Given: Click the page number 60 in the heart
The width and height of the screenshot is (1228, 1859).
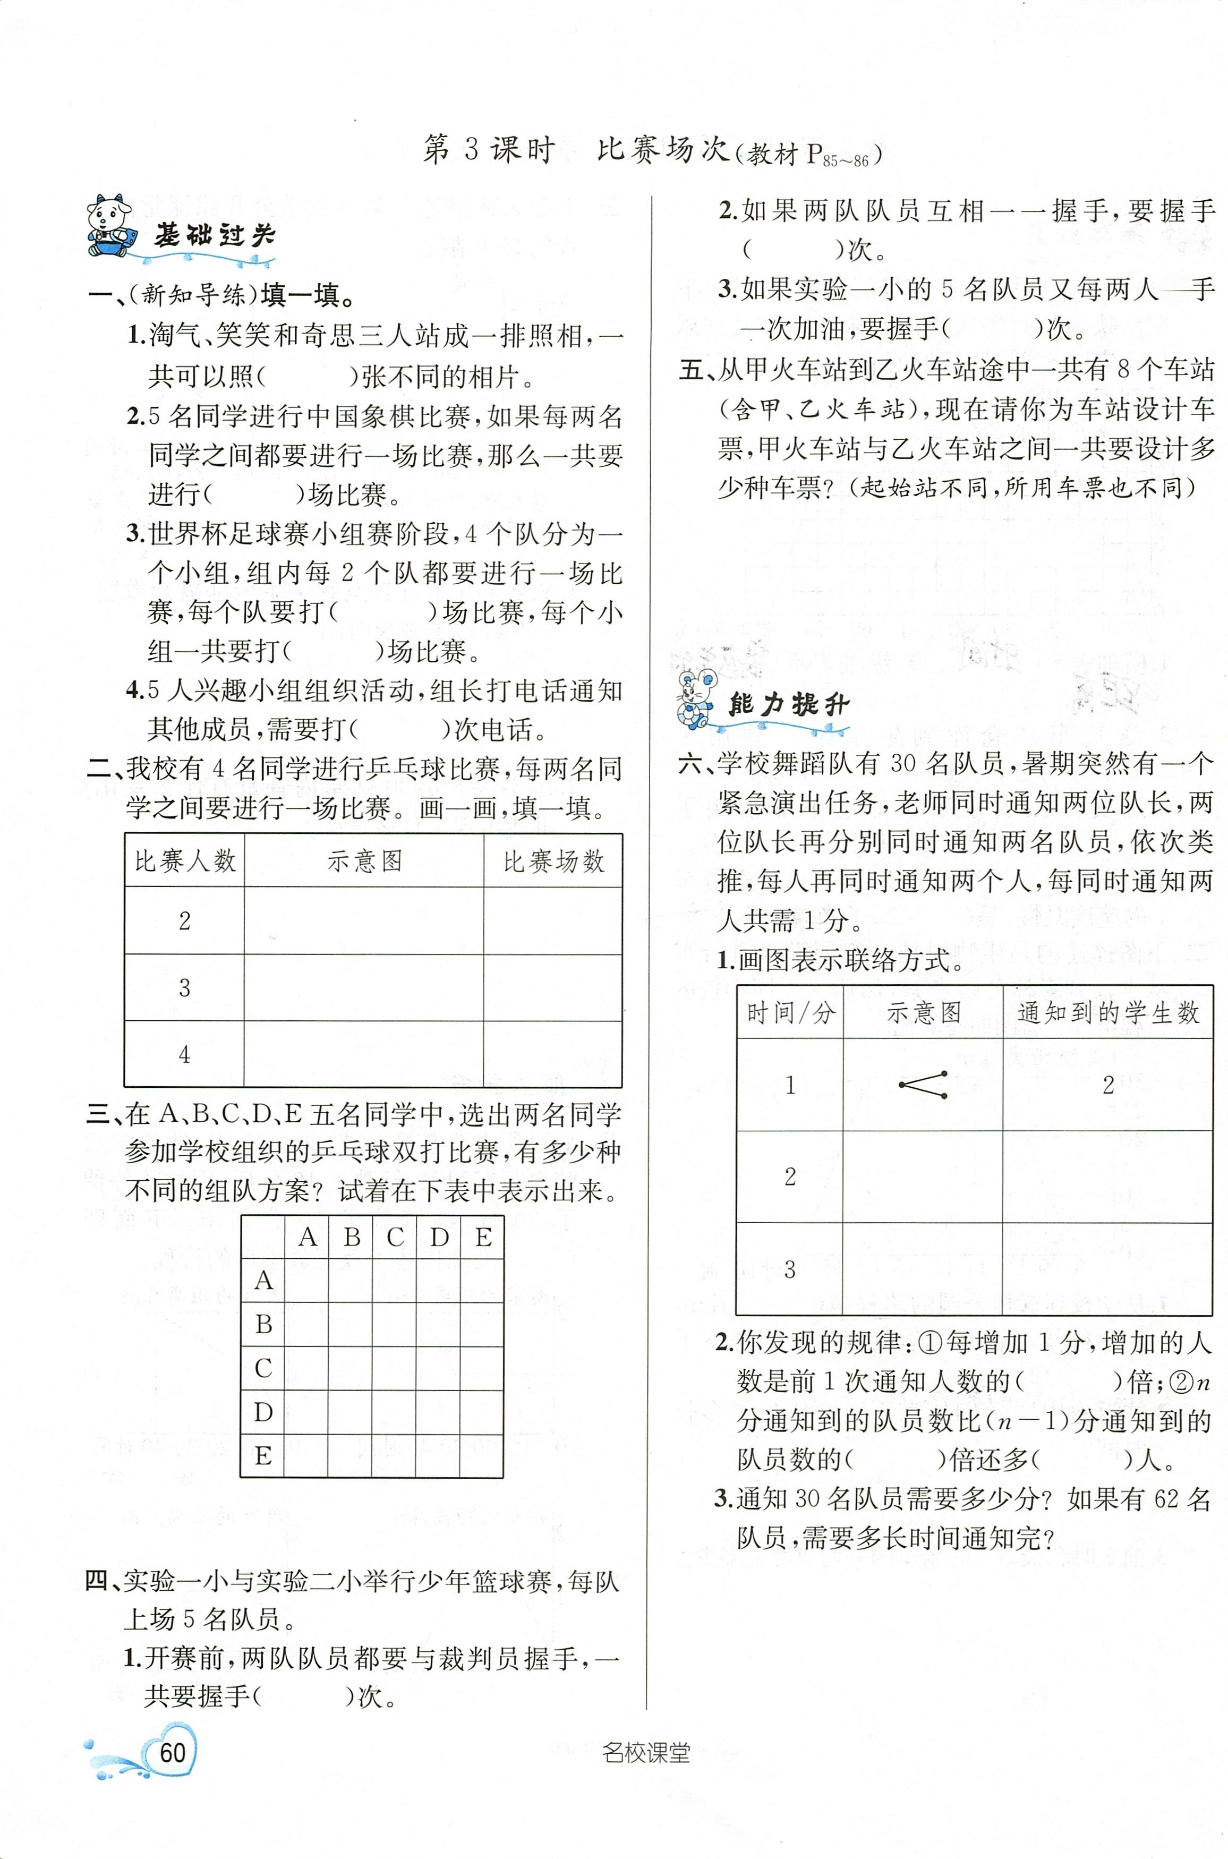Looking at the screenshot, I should [172, 1751].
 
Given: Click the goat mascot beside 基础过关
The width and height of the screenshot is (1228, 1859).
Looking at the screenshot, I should [109, 224].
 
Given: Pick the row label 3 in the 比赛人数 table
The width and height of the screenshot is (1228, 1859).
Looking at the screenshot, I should [185, 987].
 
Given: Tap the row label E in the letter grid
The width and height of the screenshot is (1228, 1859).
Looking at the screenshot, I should [263, 1456].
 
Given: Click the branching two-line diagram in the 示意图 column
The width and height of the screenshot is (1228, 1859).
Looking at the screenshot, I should [923, 1084].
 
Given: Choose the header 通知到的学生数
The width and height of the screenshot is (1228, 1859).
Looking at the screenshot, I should [1107, 1012].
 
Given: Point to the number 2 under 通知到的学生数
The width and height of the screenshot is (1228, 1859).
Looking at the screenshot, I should [1108, 1085].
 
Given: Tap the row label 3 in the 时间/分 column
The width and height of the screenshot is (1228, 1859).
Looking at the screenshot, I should [789, 1268].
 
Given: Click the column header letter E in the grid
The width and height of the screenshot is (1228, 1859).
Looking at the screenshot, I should [483, 1237].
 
